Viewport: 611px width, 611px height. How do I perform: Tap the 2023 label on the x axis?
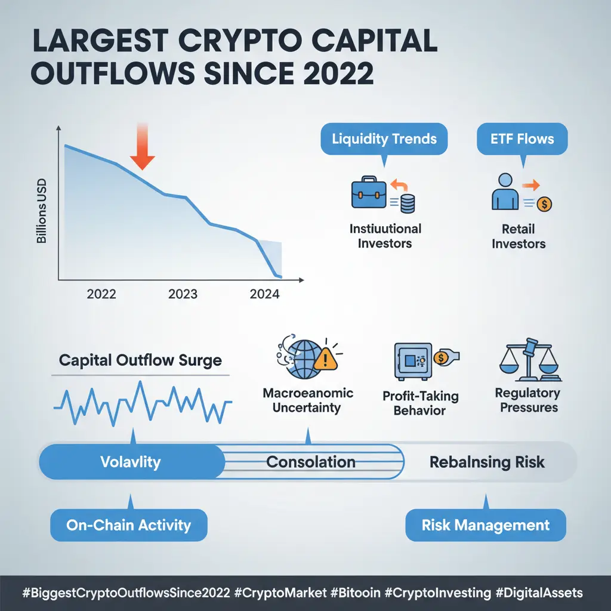coord(183,294)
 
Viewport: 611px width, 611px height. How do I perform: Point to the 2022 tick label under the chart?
coord(101,294)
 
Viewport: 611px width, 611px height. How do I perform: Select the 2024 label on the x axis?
coord(264,294)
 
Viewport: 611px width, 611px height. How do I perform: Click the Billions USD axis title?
coord(41,211)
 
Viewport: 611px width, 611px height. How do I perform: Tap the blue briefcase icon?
coord(369,193)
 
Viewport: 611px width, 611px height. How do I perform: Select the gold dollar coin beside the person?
coord(544,204)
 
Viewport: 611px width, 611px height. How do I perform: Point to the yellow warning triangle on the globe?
coord(325,359)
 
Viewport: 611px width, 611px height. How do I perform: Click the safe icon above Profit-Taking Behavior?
coord(413,361)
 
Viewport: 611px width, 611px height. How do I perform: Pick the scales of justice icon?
coord(530,360)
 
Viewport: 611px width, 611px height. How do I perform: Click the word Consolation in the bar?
coord(310,462)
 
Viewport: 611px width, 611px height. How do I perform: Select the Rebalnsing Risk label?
coord(487,462)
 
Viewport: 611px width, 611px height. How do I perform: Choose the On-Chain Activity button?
coord(129,525)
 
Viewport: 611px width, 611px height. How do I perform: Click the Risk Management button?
coord(486,525)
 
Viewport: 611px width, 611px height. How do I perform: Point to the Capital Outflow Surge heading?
coord(140,360)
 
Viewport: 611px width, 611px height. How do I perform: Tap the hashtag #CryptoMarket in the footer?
coord(280,593)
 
